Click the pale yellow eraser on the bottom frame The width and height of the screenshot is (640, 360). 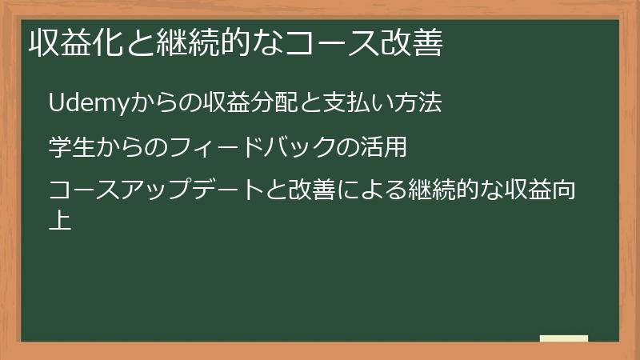tap(564, 338)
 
